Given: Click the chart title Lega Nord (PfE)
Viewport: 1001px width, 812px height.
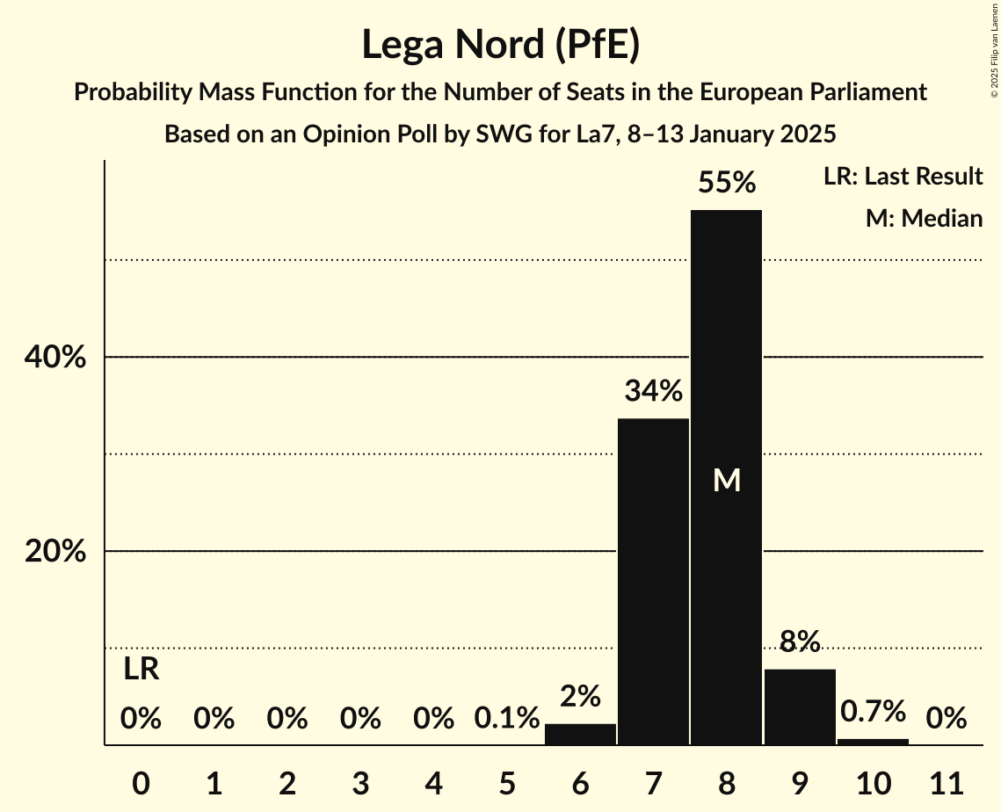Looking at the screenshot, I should (500, 45).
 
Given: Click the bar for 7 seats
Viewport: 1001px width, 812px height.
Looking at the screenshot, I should (653, 581).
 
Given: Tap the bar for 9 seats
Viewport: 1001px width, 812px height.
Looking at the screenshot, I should (800, 707).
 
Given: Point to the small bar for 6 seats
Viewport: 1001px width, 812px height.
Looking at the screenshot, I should (580, 734).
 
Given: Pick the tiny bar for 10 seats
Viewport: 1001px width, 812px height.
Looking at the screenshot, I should (873, 742).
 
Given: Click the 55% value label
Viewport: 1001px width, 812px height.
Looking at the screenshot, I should (726, 183).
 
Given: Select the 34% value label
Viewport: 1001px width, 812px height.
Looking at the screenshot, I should (653, 391).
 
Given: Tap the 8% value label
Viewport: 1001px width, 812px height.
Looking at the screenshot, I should (800, 642).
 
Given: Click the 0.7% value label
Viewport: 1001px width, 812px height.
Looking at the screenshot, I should (873, 711).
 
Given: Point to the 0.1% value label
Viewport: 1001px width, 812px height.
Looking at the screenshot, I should (507, 719).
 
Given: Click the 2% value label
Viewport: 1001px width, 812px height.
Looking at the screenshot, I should (580, 697).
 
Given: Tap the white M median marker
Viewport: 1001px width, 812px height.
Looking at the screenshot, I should (726, 480).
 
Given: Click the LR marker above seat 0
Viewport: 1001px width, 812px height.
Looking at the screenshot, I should (141, 670).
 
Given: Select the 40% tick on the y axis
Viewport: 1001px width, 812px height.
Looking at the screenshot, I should (54, 358).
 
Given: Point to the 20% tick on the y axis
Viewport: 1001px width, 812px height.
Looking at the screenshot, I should (54, 552).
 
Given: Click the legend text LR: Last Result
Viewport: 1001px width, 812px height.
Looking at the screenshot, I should (903, 177).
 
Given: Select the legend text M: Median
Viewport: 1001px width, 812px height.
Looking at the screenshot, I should (924, 218).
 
